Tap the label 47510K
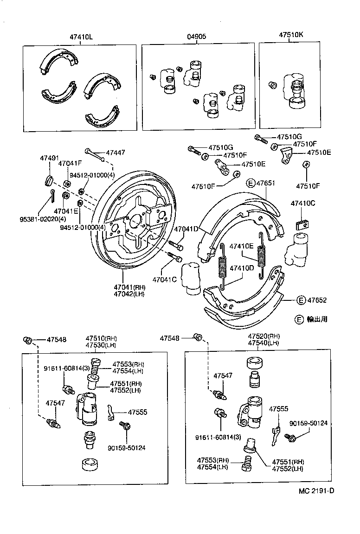tap(291, 35)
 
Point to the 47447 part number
tap(116, 153)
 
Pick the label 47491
tap(47, 159)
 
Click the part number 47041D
tap(186, 228)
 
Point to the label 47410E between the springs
tap(242, 246)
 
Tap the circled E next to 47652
tap(302, 300)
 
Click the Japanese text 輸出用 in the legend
tap(317, 319)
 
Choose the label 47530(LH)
tap(101, 346)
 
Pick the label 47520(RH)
tap(264, 336)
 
